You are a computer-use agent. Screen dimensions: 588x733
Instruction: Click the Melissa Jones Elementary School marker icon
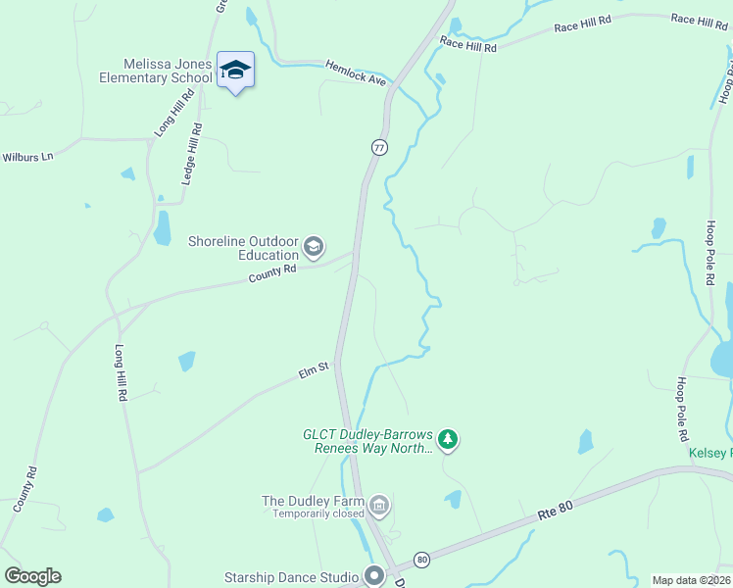(235, 70)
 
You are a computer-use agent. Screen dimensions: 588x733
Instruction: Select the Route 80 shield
(421, 560)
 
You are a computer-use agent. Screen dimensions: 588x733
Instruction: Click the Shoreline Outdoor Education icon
(314, 247)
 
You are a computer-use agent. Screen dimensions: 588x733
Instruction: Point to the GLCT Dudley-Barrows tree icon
(448, 440)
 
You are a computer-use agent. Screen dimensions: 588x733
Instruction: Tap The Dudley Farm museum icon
(379, 506)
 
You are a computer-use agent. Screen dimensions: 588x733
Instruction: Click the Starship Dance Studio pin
(373, 575)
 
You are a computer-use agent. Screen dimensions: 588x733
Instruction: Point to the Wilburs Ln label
(27, 157)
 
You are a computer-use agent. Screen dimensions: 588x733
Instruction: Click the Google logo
(32, 576)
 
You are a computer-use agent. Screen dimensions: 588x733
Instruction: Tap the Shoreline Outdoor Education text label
(243, 248)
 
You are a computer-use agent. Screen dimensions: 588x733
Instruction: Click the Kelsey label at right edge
(710, 453)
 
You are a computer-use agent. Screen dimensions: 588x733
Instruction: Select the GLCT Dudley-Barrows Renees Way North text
(367, 441)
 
